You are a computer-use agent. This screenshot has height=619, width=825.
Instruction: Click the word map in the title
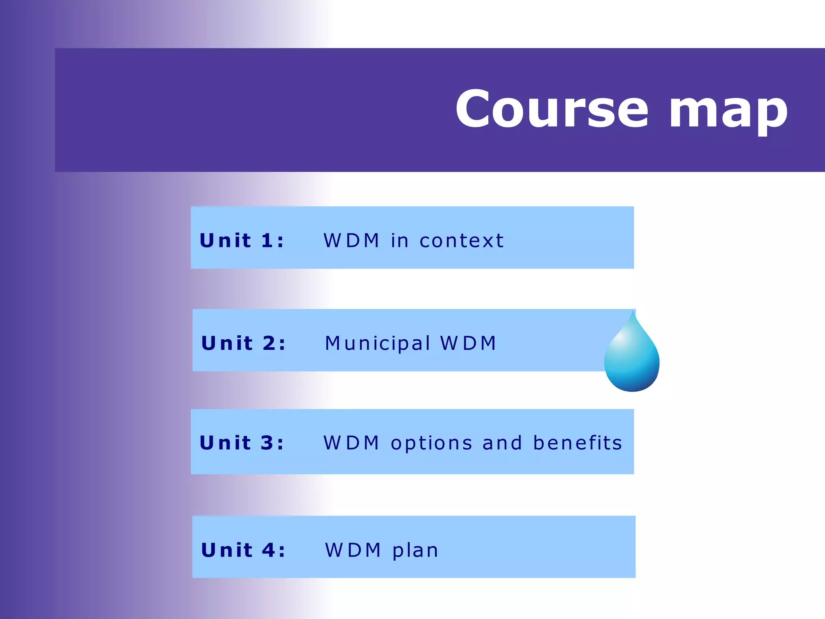[728, 111]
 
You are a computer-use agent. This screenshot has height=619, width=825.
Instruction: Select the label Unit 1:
[242, 241]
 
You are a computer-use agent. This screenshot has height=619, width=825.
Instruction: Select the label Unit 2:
[243, 343]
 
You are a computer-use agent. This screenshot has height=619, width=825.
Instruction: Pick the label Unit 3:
[242, 443]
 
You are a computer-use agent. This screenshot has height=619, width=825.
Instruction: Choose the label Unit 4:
[243, 550]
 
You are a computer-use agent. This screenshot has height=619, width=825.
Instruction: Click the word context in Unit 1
[462, 241]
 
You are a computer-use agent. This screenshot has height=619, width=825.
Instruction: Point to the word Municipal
[377, 344]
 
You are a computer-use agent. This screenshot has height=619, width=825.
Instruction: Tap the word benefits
[578, 442]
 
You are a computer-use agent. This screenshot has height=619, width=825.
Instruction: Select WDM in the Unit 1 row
[352, 241]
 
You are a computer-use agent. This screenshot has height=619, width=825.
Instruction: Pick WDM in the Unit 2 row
[468, 343]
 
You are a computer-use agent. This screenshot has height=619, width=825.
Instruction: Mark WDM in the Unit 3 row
[352, 443]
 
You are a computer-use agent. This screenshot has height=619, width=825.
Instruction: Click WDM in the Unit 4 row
[353, 550]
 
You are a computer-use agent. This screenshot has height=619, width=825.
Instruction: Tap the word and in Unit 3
[502, 442]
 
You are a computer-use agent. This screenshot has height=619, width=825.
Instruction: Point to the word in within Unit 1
[400, 241]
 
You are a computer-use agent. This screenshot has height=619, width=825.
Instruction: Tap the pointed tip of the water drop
[633, 313]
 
